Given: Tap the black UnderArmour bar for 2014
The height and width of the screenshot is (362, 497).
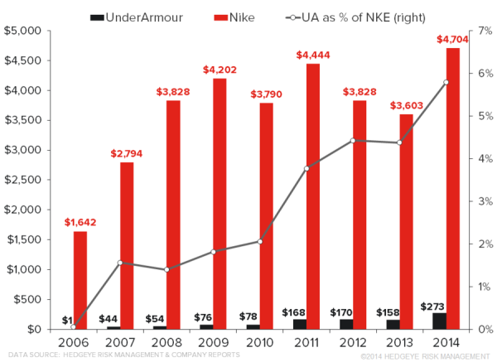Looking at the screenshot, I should (x=439, y=321).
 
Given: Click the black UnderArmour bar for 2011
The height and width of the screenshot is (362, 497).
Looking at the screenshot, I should (x=300, y=324).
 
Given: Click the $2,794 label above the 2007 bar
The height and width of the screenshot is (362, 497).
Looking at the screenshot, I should (x=127, y=153).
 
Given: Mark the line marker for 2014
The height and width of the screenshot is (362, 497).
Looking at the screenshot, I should (x=446, y=82).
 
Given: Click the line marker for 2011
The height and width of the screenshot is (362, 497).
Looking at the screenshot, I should (x=306, y=169).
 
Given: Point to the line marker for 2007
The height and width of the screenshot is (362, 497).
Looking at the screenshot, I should (x=120, y=263).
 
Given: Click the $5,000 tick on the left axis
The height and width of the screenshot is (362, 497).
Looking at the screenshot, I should (x=22, y=31).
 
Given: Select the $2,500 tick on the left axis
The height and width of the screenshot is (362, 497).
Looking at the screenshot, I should (x=22, y=180).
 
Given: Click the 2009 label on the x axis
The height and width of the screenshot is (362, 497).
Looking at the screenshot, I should (x=214, y=342).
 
